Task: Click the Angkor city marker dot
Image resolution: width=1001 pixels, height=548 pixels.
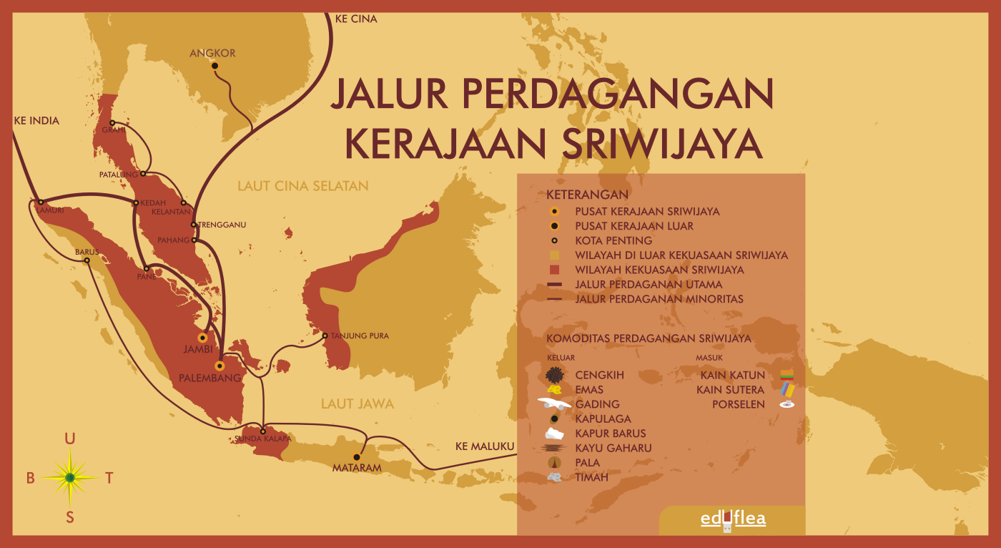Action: click(x=214, y=66)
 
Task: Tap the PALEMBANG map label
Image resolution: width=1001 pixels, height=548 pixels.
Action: click(x=209, y=378)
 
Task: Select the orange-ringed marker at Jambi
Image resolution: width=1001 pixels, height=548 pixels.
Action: click(x=203, y=338)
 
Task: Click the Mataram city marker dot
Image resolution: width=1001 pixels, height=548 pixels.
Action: click(x=355, y=456)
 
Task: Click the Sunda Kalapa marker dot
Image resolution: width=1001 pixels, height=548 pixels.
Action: click(x=263, y=431)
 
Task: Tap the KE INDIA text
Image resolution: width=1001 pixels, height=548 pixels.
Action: click(x=36, y=121)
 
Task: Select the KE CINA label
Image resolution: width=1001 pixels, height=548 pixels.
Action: click(x=355, y=19)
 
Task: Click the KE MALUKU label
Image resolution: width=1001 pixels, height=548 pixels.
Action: click(x=485, y=447)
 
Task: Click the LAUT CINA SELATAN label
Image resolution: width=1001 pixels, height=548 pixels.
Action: click(x=303, y=186)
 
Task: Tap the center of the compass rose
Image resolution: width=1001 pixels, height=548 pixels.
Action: click(x=70, y=477)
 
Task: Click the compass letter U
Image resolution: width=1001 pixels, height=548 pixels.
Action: click(x=69, y=439)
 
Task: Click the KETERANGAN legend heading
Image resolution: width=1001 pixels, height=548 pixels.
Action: click(x=587, y=195)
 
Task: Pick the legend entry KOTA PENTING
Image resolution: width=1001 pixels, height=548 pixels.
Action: click(x=613, y=240)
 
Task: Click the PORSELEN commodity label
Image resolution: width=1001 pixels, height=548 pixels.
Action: click(x=738, y=404)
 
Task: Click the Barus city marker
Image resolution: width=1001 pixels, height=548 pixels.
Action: click(x=87, y=260)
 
